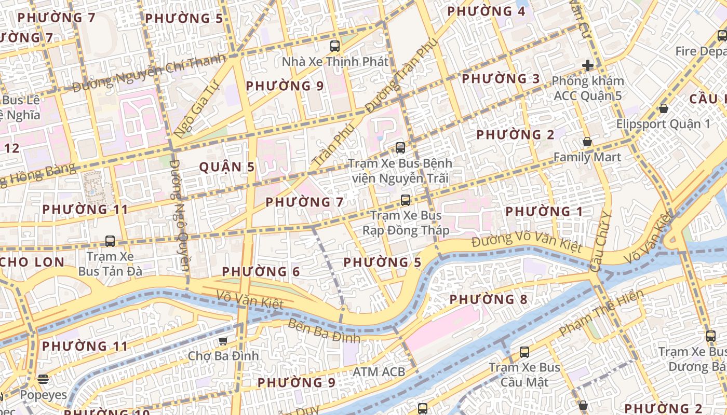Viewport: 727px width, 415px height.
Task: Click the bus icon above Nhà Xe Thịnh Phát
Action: click(x=335, y=46)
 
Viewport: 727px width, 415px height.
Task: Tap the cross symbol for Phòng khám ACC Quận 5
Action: click(x=588, y=65)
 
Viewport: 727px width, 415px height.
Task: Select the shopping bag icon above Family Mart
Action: click(x=587, y=142)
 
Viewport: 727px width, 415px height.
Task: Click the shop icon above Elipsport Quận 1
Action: click(x=663, y=108)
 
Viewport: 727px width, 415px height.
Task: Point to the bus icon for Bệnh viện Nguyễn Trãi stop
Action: click(x=400, y=147)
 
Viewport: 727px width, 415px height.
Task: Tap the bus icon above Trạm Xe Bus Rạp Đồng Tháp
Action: click(x=406, y=200)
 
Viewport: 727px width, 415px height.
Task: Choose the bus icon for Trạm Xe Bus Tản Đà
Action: click(x=110, y=241)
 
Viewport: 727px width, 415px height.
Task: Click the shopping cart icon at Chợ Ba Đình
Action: click(x=223, y=341)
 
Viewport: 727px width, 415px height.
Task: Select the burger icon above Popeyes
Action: click(x=44, y=379)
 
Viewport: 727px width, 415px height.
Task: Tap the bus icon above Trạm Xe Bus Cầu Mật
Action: click(x=524, y=352)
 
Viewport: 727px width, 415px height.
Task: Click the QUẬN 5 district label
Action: click(x=227, y=167)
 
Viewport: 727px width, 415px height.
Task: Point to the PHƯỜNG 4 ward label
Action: click(x=486, y=11)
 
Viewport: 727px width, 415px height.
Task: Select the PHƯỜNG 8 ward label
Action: click(x=488, y=299)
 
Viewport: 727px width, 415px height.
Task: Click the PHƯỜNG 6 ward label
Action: click(x=261, y=271)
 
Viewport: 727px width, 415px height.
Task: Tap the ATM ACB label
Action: click(x=379, y=371)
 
